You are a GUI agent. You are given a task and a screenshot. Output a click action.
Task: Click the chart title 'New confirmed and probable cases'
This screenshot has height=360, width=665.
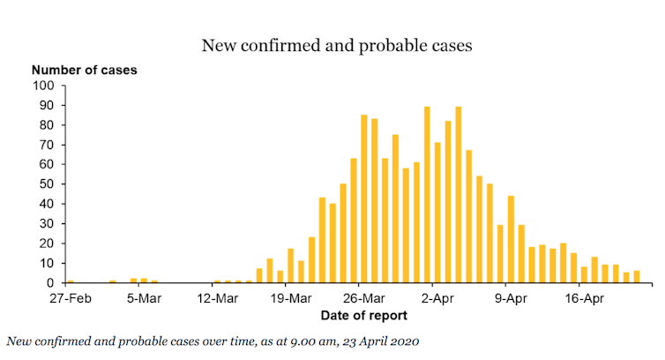(337, 44)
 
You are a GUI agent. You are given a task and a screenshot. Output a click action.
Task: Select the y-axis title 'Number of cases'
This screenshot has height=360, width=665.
(85, 69)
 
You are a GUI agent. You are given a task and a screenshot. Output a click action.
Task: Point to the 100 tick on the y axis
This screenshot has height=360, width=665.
(43, 86)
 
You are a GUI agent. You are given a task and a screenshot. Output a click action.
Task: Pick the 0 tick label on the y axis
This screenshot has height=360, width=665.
(50, 283)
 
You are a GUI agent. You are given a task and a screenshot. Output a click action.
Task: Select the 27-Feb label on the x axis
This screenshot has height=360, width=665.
(71, 298)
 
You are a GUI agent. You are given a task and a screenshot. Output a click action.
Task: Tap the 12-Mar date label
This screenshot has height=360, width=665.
(217, 298)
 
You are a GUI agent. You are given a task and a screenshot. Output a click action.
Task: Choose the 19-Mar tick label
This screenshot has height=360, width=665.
(290, 298)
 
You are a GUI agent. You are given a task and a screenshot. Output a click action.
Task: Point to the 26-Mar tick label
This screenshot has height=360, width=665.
(364, 298)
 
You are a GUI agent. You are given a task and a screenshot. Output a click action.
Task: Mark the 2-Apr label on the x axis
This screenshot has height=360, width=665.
(437, 298)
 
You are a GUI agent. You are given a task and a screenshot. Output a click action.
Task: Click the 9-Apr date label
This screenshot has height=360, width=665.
(511, 298)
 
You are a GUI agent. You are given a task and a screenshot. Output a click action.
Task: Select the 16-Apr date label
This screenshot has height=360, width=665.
(584, 298)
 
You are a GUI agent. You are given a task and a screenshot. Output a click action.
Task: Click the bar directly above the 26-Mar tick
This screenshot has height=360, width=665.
(364, 199)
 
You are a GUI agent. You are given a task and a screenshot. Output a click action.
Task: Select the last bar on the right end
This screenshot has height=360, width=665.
(636, 277)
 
